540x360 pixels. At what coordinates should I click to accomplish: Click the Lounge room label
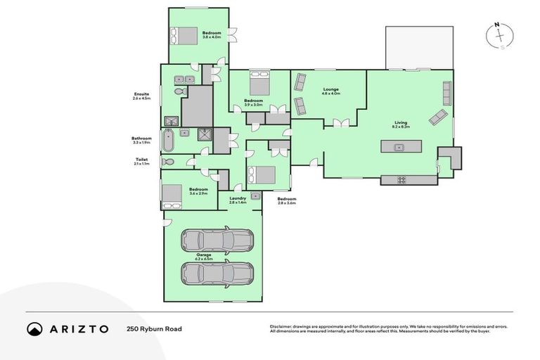330,89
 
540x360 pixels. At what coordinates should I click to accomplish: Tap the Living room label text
401,122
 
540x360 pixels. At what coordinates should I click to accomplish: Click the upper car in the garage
217,240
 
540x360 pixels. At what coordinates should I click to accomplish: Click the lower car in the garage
217,273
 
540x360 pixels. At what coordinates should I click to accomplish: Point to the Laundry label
238,198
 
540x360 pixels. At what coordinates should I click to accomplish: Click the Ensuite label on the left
141,94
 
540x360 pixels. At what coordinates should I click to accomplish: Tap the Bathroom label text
141,139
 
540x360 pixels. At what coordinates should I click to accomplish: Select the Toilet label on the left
141,160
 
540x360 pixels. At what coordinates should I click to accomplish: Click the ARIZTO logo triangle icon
34,328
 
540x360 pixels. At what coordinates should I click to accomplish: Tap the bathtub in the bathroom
168,141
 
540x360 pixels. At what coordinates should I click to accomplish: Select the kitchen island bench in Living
401,147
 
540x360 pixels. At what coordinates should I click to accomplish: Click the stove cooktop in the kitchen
401,180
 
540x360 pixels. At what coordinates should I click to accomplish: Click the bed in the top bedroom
185,34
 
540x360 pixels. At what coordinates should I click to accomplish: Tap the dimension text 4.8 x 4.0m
330,94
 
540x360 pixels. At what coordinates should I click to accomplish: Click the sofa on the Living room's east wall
446,92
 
